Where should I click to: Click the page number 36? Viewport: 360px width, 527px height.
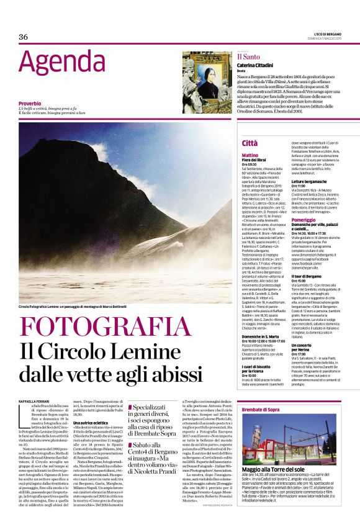coord(24,37)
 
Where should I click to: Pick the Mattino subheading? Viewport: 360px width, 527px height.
coord(250,155)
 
